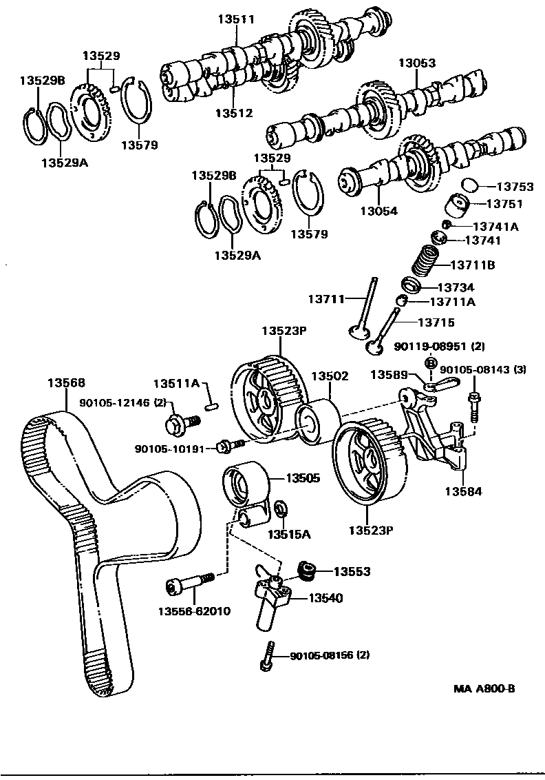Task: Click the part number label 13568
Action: [66, 383]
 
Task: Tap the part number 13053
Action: [417, 63]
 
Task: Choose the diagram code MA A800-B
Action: [484, 688]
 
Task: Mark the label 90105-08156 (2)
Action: [330, 655]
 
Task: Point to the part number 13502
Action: [330, 377]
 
